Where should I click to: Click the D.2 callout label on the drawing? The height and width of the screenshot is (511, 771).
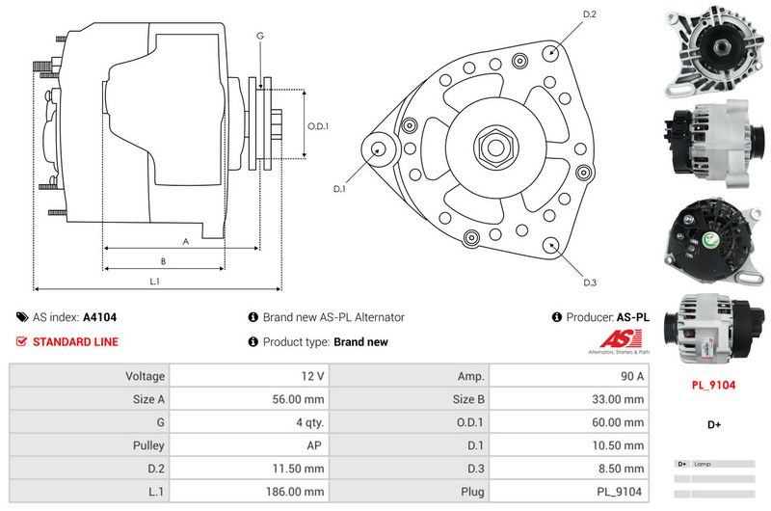590,14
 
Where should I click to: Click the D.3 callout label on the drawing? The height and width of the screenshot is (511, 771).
590,282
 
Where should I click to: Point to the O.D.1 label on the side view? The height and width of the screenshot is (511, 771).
318,126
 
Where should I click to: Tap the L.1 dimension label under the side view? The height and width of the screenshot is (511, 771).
154,282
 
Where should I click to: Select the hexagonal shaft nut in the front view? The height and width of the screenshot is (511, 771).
493,148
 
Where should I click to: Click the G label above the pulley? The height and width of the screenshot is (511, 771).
259,37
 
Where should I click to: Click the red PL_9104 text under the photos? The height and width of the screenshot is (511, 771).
713,385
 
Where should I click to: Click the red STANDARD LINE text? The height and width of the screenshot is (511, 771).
75,342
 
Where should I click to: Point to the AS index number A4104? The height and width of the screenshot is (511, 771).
99,317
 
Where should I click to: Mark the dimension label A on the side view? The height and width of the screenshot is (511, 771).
185,241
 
